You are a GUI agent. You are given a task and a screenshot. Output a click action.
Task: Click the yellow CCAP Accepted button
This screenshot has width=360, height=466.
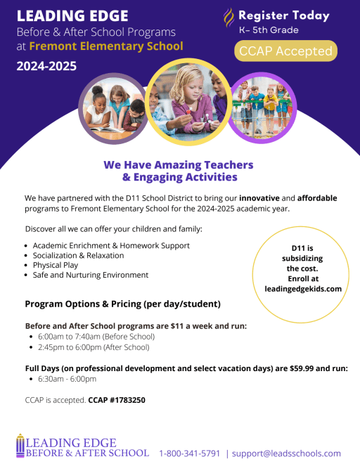[x=285, y=51]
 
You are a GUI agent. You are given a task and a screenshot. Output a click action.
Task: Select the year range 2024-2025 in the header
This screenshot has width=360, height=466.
[x=46, y=67]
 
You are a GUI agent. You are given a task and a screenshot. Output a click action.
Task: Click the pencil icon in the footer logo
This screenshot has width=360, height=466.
[x=20, y=446]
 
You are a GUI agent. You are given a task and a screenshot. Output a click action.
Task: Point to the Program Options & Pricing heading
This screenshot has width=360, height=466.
[x=122, y=304]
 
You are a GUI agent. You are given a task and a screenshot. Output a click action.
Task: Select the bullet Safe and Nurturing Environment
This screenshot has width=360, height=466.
[x=90, y=275]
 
